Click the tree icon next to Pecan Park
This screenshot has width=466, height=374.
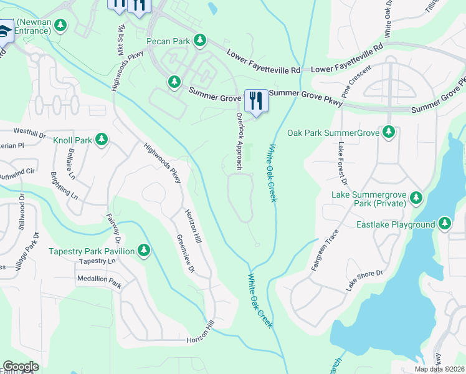point(199,41)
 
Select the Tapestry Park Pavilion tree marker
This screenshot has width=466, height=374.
point(144,251)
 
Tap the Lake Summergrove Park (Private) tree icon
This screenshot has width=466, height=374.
point(416,199)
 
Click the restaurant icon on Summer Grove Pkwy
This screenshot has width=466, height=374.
point(255,100)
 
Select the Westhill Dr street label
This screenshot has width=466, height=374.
point(30,133)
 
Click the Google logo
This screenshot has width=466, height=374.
point(21,367)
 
